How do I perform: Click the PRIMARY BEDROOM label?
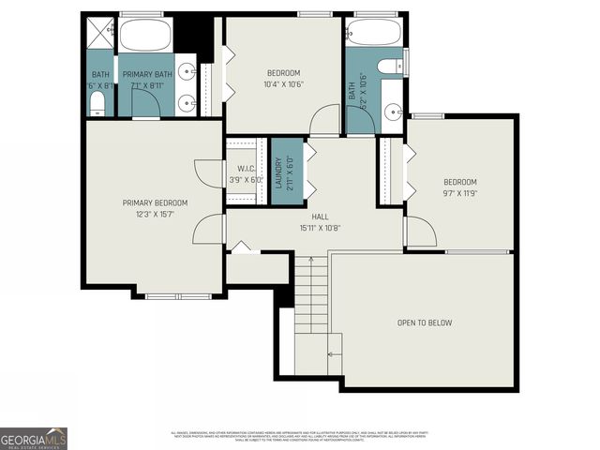tap(155, 202)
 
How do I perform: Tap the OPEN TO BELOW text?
tap(424, 322)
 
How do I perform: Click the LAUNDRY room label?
tap(278, 173)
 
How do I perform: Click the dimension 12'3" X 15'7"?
tap(155, 215)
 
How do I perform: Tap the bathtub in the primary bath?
tap(145, 36)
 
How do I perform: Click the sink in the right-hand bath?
tap(392, 113)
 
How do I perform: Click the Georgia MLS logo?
tap(34, 438)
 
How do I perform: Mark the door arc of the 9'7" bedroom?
tap(421, 231)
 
